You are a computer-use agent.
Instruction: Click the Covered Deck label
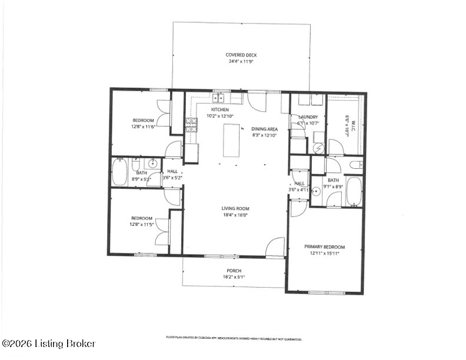click(241, 55)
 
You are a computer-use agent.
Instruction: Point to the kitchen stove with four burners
click(191, 123)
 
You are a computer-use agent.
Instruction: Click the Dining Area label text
click(265, 128)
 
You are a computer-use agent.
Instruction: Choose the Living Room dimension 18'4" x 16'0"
click(235, 215)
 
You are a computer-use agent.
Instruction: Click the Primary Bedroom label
click(324, 247)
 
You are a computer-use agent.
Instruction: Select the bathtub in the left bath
click(120, 172)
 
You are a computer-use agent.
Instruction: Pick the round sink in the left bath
click(152, 164)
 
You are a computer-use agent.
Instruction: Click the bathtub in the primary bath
click(354, 191)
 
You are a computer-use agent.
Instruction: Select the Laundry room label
click(308, 117)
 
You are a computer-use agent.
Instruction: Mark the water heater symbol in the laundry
click(318, 149)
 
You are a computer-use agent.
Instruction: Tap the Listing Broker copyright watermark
click(48, 344)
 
